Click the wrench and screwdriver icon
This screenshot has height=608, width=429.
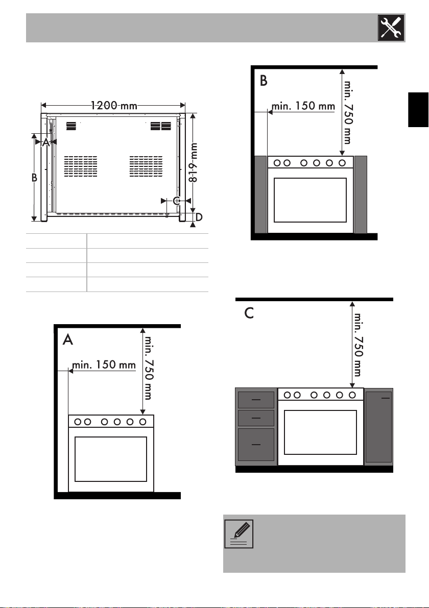click(x=391, y=28)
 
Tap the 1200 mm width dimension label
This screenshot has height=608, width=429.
click(x=114, y=106)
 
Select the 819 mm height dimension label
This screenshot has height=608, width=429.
click(x=193, y=162)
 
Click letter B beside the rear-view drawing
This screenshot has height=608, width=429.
click(x=35, y=178)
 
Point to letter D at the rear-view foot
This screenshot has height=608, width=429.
click(x=199, y=217)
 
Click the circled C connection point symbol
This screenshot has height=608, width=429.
click(x=177, y=201)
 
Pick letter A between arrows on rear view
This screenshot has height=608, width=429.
click(x=46, y=142)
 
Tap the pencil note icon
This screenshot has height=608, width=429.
click(x=239, y=534)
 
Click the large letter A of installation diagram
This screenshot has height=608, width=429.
click(x=68, y=339)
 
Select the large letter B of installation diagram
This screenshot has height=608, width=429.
click(x=264, y=81)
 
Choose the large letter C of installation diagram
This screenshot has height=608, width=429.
click(x=249, y=313)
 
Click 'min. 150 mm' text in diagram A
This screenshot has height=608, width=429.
click(x=104, y=364)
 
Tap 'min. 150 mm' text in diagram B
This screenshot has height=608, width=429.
click(x=303, y=106)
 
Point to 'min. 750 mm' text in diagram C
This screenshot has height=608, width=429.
click(x=357, y=345)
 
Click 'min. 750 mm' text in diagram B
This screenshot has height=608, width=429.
click(x=348, y=112)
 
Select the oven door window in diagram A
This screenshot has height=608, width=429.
click(x=110, y=459)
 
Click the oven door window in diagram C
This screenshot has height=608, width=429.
click(x=320, y=432)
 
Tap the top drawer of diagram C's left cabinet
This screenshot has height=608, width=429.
click(x=256, y=399)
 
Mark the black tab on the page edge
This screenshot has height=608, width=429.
click(x=418, y=109)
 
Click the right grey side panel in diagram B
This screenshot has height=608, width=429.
click(x=361, y=194)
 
